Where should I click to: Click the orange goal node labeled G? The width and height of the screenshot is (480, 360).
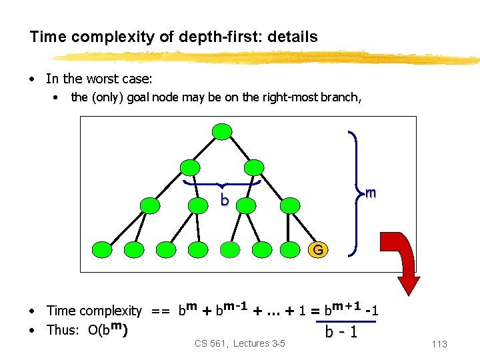[x=318, y=250]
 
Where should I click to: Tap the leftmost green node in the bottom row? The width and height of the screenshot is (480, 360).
[x=101, y=250]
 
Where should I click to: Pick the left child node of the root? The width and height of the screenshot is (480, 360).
[x=190, y=167]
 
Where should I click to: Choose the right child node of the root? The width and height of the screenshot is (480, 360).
[x=255, y=167]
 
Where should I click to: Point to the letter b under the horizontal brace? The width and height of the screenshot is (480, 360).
[x=225, y=201]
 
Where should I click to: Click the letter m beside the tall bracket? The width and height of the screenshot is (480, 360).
[x=371, y=193]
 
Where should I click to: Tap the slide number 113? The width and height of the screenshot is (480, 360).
[x=439, y=344]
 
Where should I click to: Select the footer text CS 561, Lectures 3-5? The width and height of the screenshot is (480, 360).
[x=239, y=343]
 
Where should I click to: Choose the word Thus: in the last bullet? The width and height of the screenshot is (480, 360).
[x=65, y=330]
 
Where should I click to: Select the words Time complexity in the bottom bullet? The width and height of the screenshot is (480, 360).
[x=94, y=311]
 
